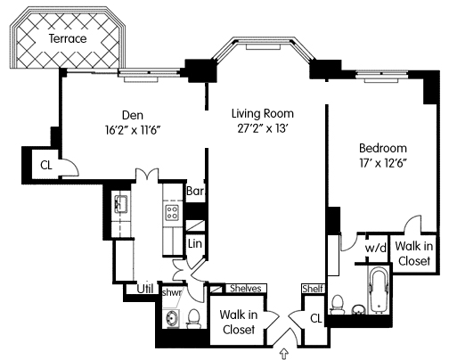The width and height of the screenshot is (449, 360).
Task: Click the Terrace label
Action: (68, 38)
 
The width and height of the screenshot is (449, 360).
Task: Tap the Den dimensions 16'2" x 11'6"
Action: (133, 130)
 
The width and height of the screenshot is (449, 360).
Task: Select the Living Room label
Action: (263, 113)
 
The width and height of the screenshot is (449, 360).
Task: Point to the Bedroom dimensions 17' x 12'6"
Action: (383, 163)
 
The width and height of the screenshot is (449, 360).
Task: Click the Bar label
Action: (195, 191)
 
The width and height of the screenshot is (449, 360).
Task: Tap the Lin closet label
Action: (195, 244)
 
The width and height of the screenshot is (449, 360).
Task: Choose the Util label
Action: (145, 289)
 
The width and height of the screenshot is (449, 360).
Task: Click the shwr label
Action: (172, 292)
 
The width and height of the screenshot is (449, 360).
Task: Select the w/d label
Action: (376, 248)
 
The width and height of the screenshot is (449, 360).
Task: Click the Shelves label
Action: (246, 289)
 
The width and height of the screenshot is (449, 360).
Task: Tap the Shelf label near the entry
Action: (313, 289)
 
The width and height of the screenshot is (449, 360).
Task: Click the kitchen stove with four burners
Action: (172, 213)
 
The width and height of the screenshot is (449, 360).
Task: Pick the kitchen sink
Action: (121, 204)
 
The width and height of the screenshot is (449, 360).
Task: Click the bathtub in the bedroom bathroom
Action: (379, 290)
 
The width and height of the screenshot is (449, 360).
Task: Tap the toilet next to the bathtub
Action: (337, 305)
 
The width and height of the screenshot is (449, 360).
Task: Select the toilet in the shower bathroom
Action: (193, 319)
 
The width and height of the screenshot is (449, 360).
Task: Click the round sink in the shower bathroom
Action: (171, 319)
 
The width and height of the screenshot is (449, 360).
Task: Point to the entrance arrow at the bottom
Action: (284, 354)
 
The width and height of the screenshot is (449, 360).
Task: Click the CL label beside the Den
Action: (46, 165)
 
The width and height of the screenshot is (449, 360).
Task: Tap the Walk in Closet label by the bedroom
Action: (414, 253)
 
